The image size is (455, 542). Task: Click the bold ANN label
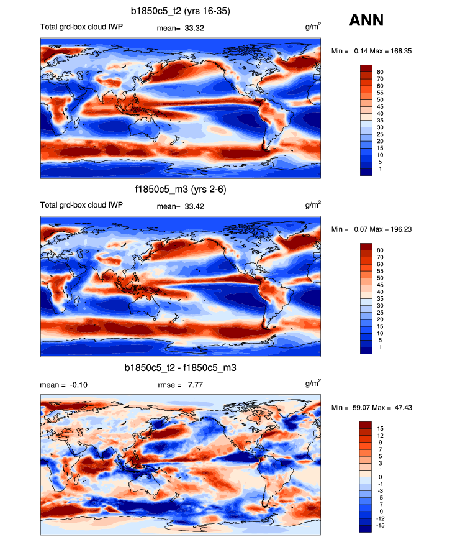point(366,21)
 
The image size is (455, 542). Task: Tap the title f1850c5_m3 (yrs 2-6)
point(180,190)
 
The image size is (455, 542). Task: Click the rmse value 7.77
point(194,385)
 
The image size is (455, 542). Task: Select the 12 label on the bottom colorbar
point(380,435)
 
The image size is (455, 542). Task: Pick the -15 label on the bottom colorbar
point(381,525)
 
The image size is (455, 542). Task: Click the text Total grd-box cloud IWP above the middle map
point(81,206)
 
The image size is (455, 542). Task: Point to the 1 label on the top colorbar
point(378,168)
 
